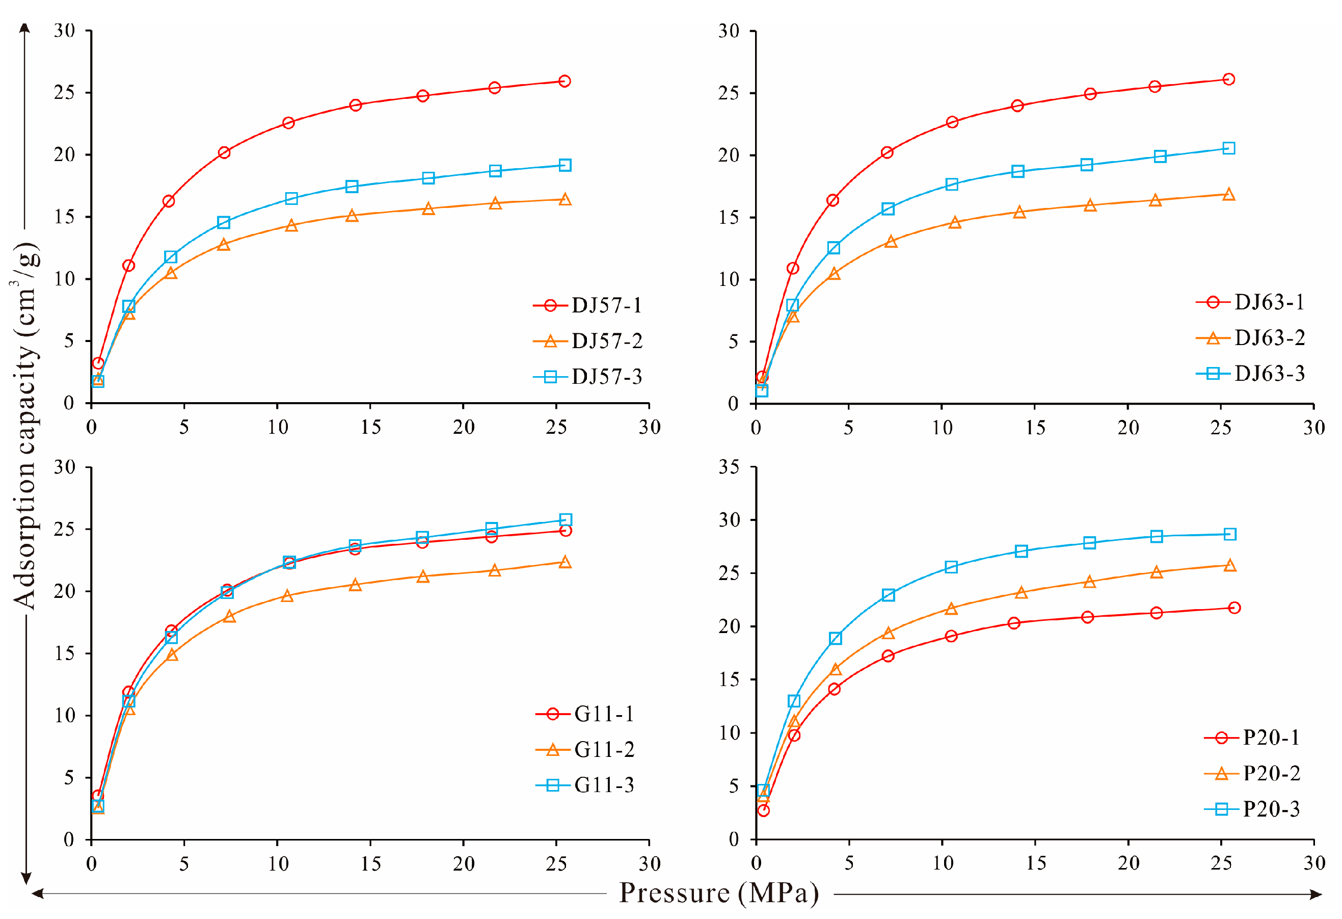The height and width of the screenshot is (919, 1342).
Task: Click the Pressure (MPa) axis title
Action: (719, 893)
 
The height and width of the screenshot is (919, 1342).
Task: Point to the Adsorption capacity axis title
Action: (26, 426)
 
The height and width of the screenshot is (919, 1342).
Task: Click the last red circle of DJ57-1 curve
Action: (565, 81)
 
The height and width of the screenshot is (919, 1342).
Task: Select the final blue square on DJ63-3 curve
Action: (1229, 148)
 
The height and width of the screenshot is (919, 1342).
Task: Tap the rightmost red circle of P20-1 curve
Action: (1234, 608)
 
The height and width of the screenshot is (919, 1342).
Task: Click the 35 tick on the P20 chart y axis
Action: (729, 467)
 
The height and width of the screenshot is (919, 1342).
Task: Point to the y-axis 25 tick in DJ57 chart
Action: (65, 92)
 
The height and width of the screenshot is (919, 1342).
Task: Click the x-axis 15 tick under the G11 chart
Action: (371, 864)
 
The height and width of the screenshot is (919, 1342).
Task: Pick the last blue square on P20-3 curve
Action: (1230, 534)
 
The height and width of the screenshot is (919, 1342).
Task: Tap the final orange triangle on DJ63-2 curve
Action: (1229, 195)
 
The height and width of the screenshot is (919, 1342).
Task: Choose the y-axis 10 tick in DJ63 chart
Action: (729, 279)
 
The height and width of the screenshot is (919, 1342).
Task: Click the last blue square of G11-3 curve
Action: (566, 520)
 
